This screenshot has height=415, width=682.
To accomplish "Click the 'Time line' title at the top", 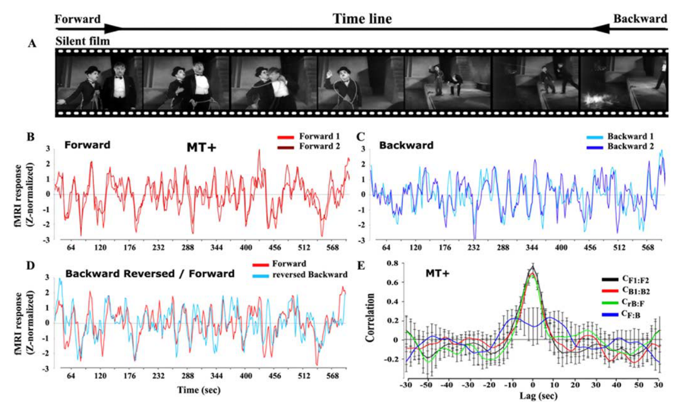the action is (x=362, y=19).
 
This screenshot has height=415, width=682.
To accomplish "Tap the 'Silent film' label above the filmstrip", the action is (x=83, y=41).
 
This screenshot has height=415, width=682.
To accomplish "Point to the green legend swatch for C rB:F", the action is (x=610, y=303).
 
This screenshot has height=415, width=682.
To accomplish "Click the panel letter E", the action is (x=360, y=266).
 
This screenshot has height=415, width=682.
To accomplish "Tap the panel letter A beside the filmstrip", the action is (x=32, y=44).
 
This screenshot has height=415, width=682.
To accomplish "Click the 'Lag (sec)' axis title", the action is (x=538, y=396).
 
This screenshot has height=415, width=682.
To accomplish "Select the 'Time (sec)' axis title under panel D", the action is (x=199, y=390).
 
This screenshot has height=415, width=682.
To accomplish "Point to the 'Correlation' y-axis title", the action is (x=370, y=318).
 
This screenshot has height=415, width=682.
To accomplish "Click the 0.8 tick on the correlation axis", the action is (x=393, y=263).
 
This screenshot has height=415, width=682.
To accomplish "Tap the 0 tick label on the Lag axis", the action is (x=532, y=385).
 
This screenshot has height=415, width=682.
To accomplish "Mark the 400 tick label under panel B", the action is (x=246, y=248).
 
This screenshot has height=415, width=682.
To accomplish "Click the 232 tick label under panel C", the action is (x=474, y=248).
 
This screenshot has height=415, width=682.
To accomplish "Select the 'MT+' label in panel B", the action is (x=201, y=147).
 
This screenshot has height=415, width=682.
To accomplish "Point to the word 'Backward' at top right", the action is (x=640, y=19).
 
